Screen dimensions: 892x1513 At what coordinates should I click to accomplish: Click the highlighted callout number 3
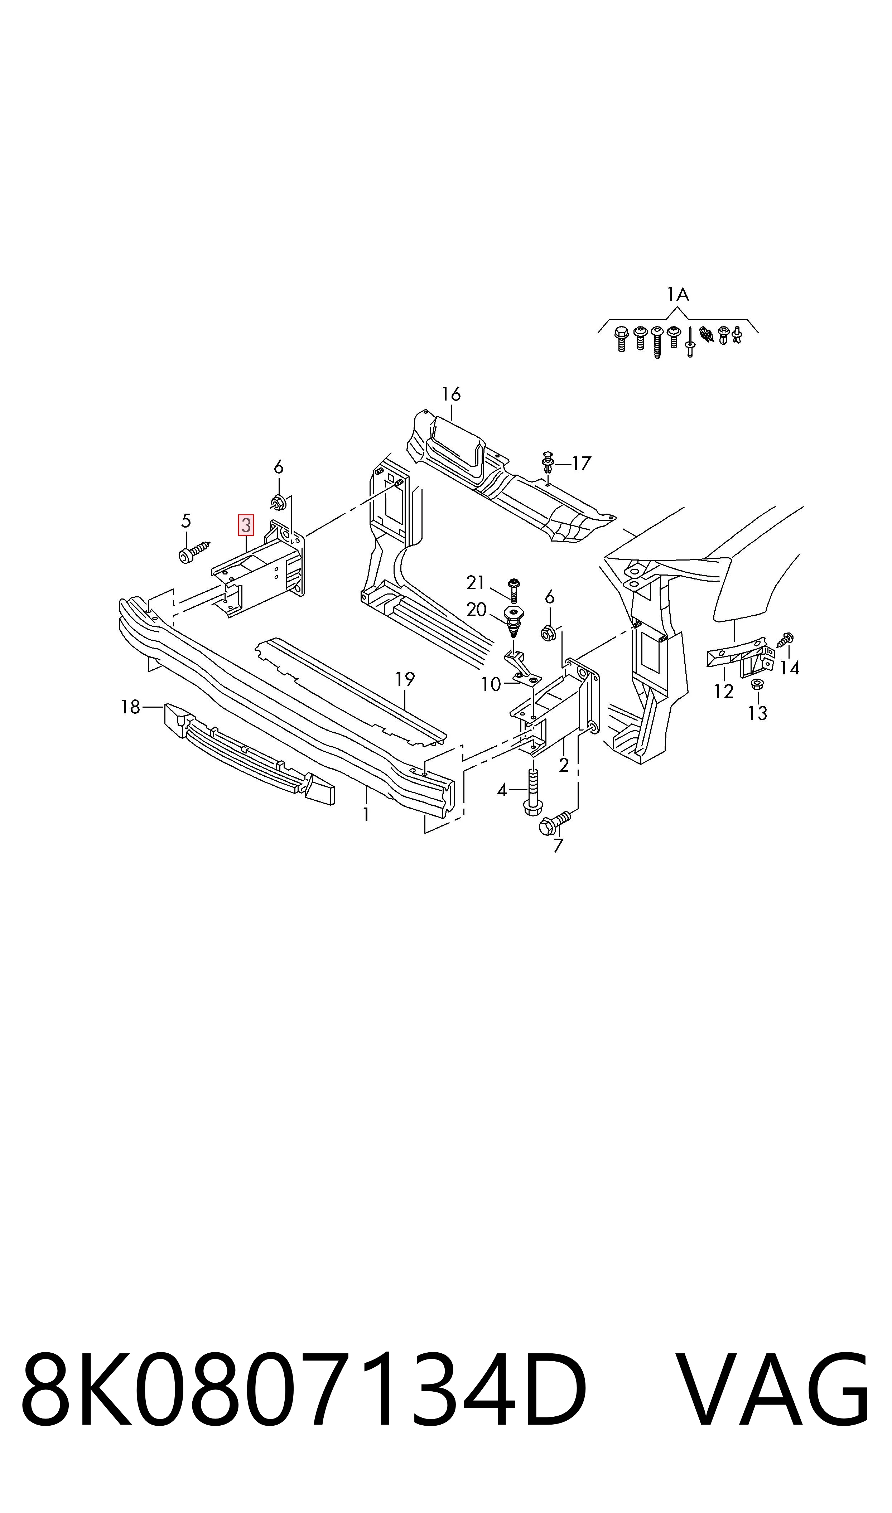point(246,525)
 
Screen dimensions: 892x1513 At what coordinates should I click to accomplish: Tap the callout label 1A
point(678,294)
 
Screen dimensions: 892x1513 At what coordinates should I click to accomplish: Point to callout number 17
point(581,463)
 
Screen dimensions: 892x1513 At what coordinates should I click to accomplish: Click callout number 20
point(476,610)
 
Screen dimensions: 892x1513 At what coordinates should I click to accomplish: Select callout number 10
point(491,684)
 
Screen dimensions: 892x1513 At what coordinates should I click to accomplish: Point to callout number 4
point(502,790)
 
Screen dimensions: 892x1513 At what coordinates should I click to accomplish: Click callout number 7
point(558,846)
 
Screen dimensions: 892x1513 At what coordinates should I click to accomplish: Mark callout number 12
point(724,692)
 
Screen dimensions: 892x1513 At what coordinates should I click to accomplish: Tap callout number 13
point(758,713)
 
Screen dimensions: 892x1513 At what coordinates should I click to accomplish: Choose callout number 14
point(790,667)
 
